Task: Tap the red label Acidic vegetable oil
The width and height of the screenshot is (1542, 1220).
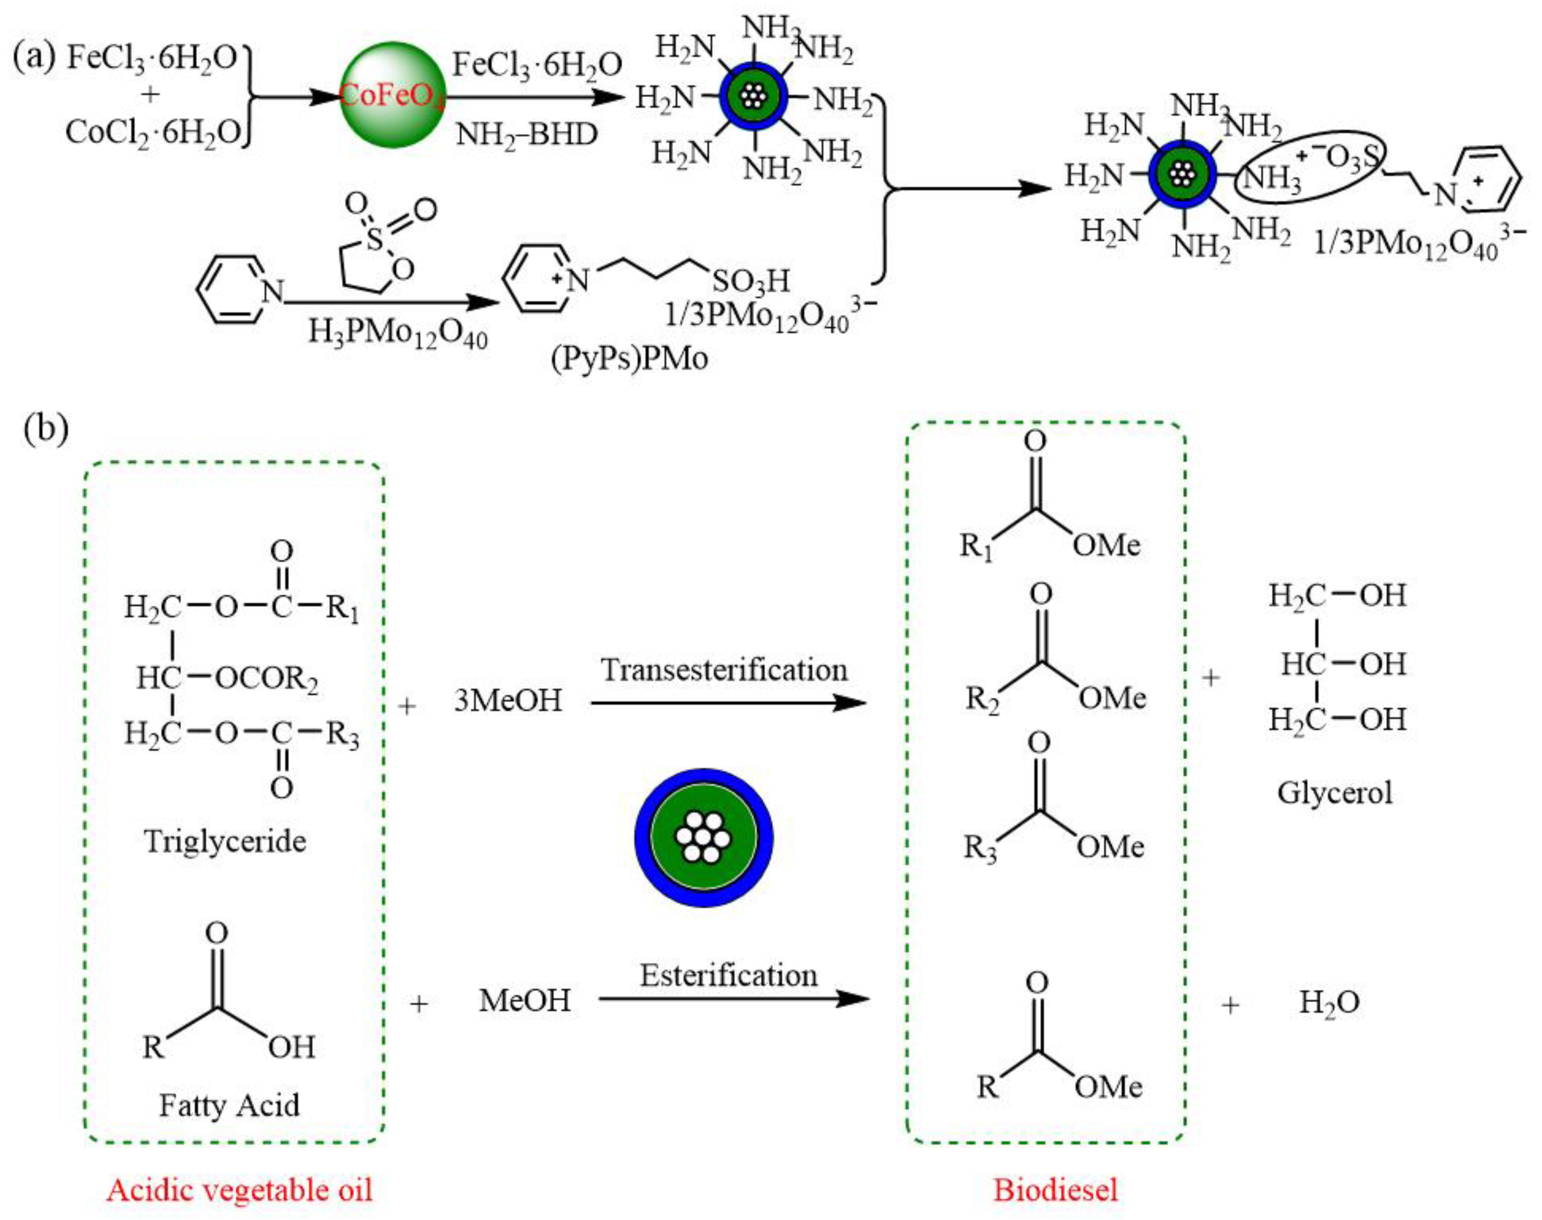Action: click(x=240, y=1189)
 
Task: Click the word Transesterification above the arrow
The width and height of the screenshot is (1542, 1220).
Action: click(x=724, y=670)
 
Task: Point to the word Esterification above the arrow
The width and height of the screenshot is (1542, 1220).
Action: click(x=728, y=975)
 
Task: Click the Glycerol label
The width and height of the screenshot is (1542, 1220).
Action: click(x=1334, y=793)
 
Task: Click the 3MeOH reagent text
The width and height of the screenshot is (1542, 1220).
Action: click(x=508, y=700)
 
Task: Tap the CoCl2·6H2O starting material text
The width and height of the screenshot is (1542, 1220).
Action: click(x=153, y=132)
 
